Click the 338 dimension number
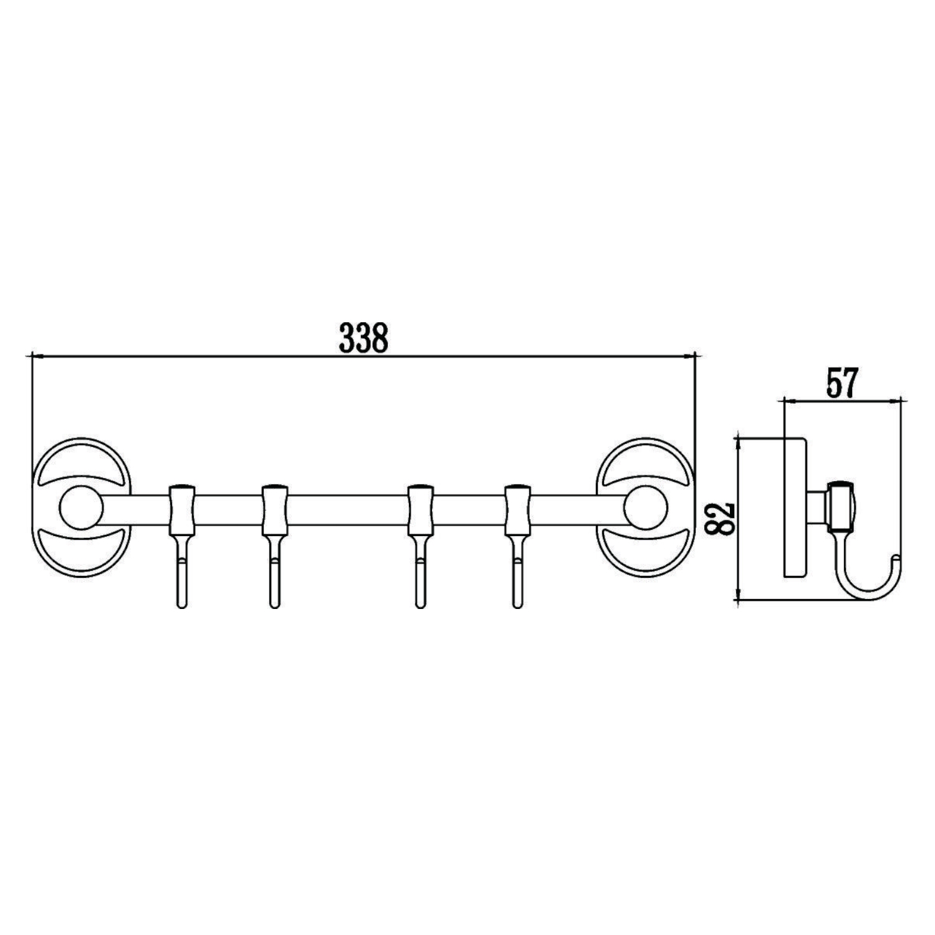[x=363, y=338]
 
